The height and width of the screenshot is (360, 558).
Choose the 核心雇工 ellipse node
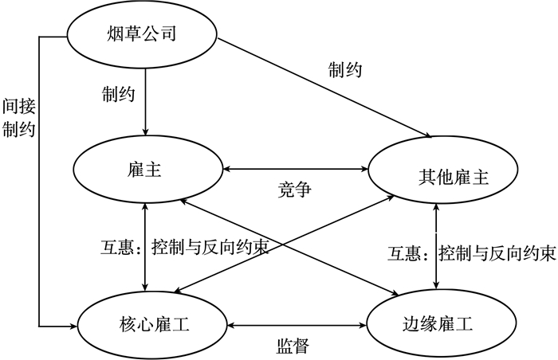point(151,323)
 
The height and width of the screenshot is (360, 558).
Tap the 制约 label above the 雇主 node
point(118,94)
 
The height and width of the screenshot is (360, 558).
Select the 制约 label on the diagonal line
point(344,70)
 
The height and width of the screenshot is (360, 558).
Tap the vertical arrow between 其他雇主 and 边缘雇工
point(435,247)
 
